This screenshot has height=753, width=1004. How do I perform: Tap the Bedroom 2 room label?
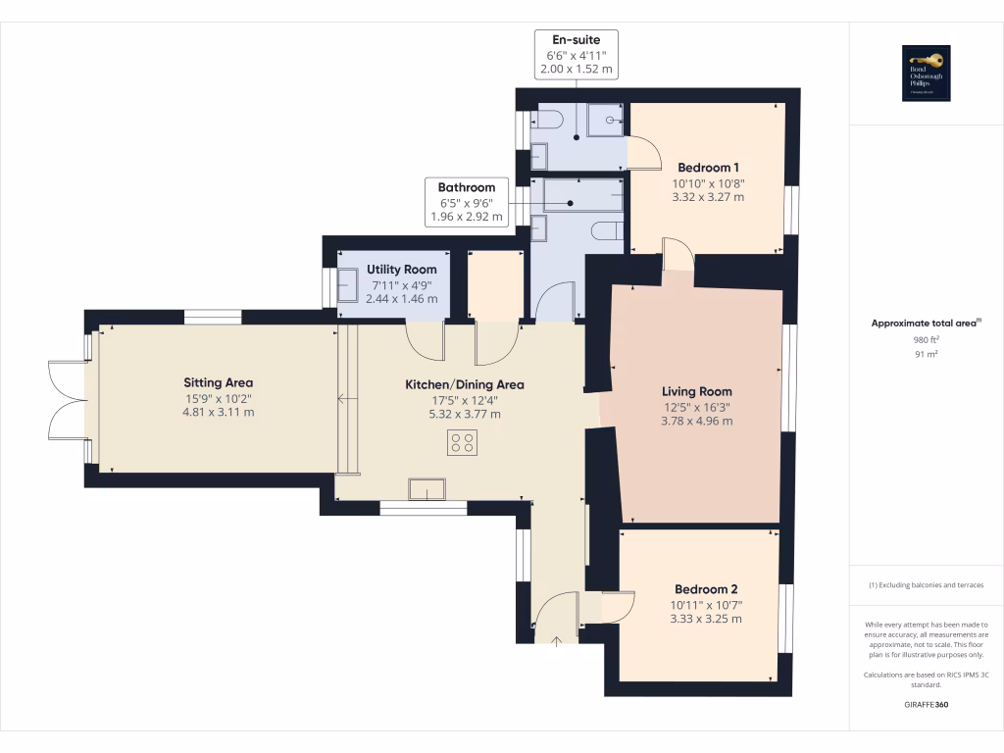click(705, 589)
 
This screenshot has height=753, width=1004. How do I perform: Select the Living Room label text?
click(696, 391)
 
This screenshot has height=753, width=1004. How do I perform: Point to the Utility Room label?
click(401, 270)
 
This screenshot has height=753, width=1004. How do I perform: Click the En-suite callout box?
click(576, 55)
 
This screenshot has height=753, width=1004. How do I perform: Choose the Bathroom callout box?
click(466, 202)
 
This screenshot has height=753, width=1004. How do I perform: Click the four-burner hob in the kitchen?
click(463, 442)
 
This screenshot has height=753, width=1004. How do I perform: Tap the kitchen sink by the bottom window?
click(427, 488)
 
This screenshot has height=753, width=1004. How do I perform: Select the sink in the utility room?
click(349, 286)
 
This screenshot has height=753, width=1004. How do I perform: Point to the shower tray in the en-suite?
click(606, 121)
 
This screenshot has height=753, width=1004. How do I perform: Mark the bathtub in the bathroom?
click(583, 195)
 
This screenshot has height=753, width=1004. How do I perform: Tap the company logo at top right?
click(926, 74)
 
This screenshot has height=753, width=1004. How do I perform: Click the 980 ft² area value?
click(912, 340)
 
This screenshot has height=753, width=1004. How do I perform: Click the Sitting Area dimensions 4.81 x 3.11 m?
click(219, 413)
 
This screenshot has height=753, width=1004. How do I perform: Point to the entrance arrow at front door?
click(557, 641)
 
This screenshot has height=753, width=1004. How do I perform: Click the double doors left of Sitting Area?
click(66, 400)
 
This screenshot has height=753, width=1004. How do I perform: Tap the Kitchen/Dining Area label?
click(465, 384)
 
